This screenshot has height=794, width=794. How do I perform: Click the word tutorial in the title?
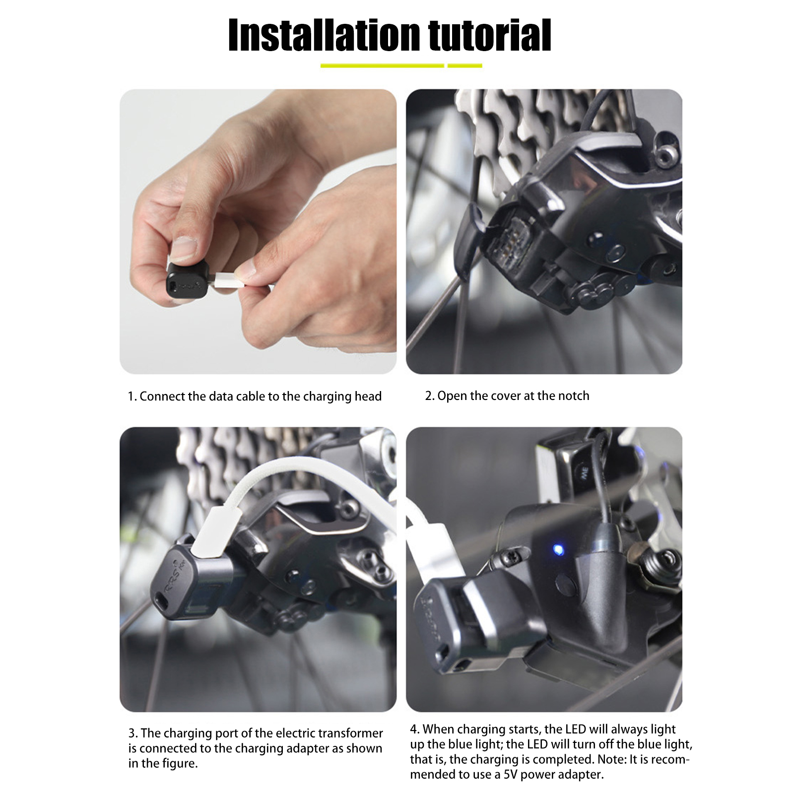click(x=490, y=36)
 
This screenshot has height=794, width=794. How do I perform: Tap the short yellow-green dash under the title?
click(x=464, y=66)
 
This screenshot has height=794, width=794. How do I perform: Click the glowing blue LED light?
click(x=558, y=550)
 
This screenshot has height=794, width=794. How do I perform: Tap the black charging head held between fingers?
click(x=187, y=283)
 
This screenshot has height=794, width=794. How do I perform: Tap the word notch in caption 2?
click(x=573, y=396)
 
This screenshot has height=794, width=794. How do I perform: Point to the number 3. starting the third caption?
click(x=133, y=733)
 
